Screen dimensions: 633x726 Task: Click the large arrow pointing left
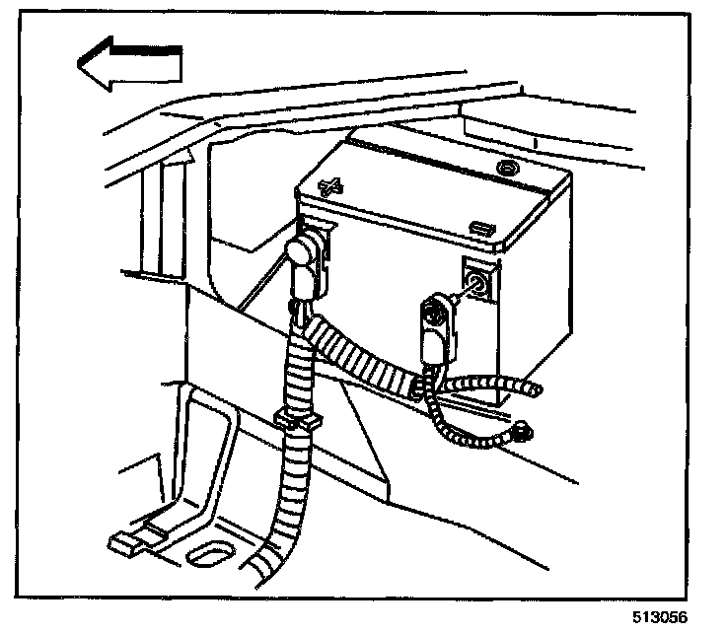click(x=128, y=64)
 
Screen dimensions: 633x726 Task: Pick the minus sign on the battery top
click(x=482, y=228)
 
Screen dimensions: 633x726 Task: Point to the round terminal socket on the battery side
click(x=476, y=286)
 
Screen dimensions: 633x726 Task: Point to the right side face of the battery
click(x=538, y=296)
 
